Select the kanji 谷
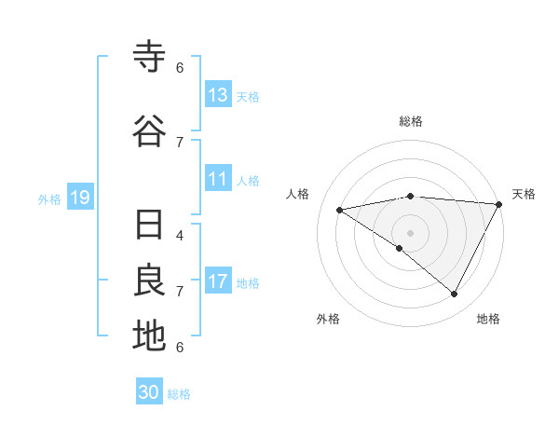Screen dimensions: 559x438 (x=149, y=131)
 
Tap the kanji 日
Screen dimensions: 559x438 (x=149, y=226)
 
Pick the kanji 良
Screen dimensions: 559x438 (x=149, y=281)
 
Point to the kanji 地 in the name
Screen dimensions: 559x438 (x=149, y=335)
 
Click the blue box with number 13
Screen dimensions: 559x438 (x=218, y=95)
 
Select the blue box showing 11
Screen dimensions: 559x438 (x=218, y=180)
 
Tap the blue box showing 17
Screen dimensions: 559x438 (x=218, y=282)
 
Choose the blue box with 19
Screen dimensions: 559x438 (x=79, y=198)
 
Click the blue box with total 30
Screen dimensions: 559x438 (x=149, y=392)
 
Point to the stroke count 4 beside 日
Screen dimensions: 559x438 (x=180, y=236)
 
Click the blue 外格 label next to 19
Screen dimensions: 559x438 (x=49, y=198)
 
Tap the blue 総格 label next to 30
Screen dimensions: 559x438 (x=180, y=393)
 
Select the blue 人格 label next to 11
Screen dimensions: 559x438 (x=248, y=181)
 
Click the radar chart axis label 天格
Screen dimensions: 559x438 (x=524, y=194)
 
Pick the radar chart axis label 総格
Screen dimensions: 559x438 (x=410, y=121)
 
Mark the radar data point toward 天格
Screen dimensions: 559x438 (x=498, y=204)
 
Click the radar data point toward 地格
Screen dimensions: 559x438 (x=455, y=294)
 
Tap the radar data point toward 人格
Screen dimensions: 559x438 (x=340, y=210)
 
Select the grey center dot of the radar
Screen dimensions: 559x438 (x=410, y=232)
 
